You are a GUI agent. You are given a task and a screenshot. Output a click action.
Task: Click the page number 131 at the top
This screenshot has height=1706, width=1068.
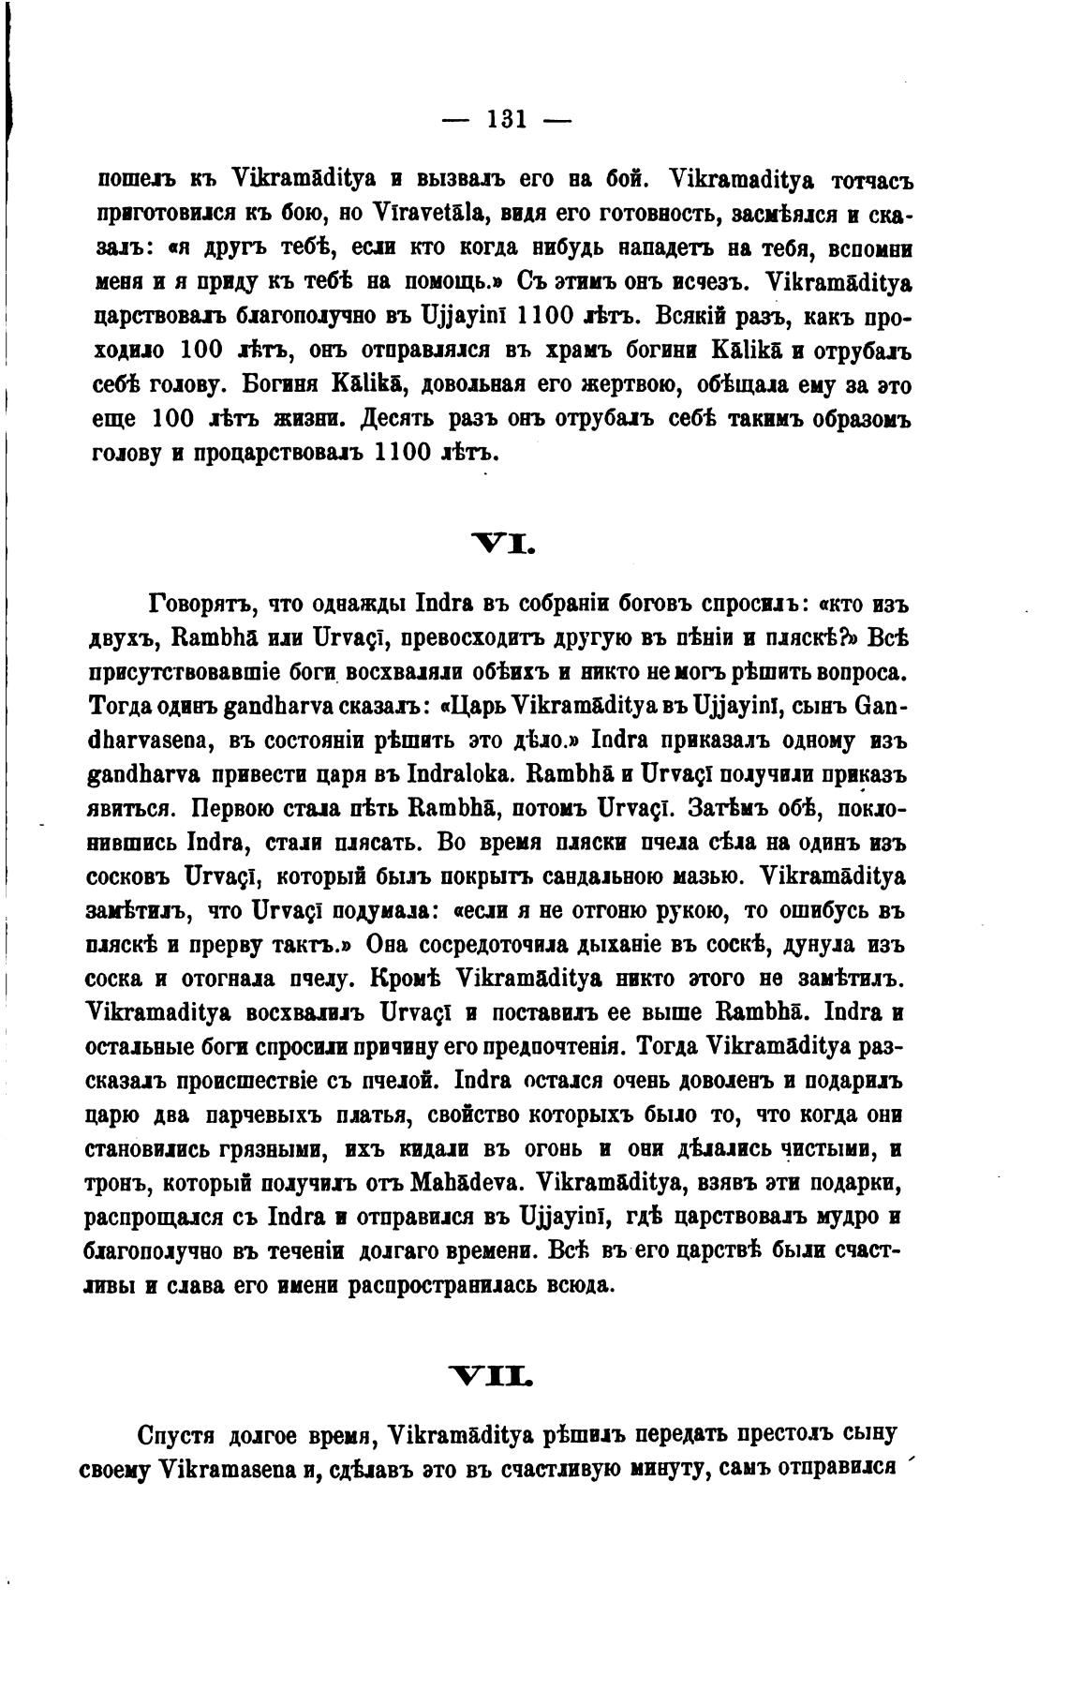(x=507, y=119)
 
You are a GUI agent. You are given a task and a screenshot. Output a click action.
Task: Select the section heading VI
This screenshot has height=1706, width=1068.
(x=506, y=541)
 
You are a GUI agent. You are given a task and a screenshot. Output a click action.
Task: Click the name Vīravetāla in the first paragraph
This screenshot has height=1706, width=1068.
(x=426, y=212)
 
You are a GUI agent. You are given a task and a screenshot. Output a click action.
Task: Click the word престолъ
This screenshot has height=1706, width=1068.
(x=794, y=1434)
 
